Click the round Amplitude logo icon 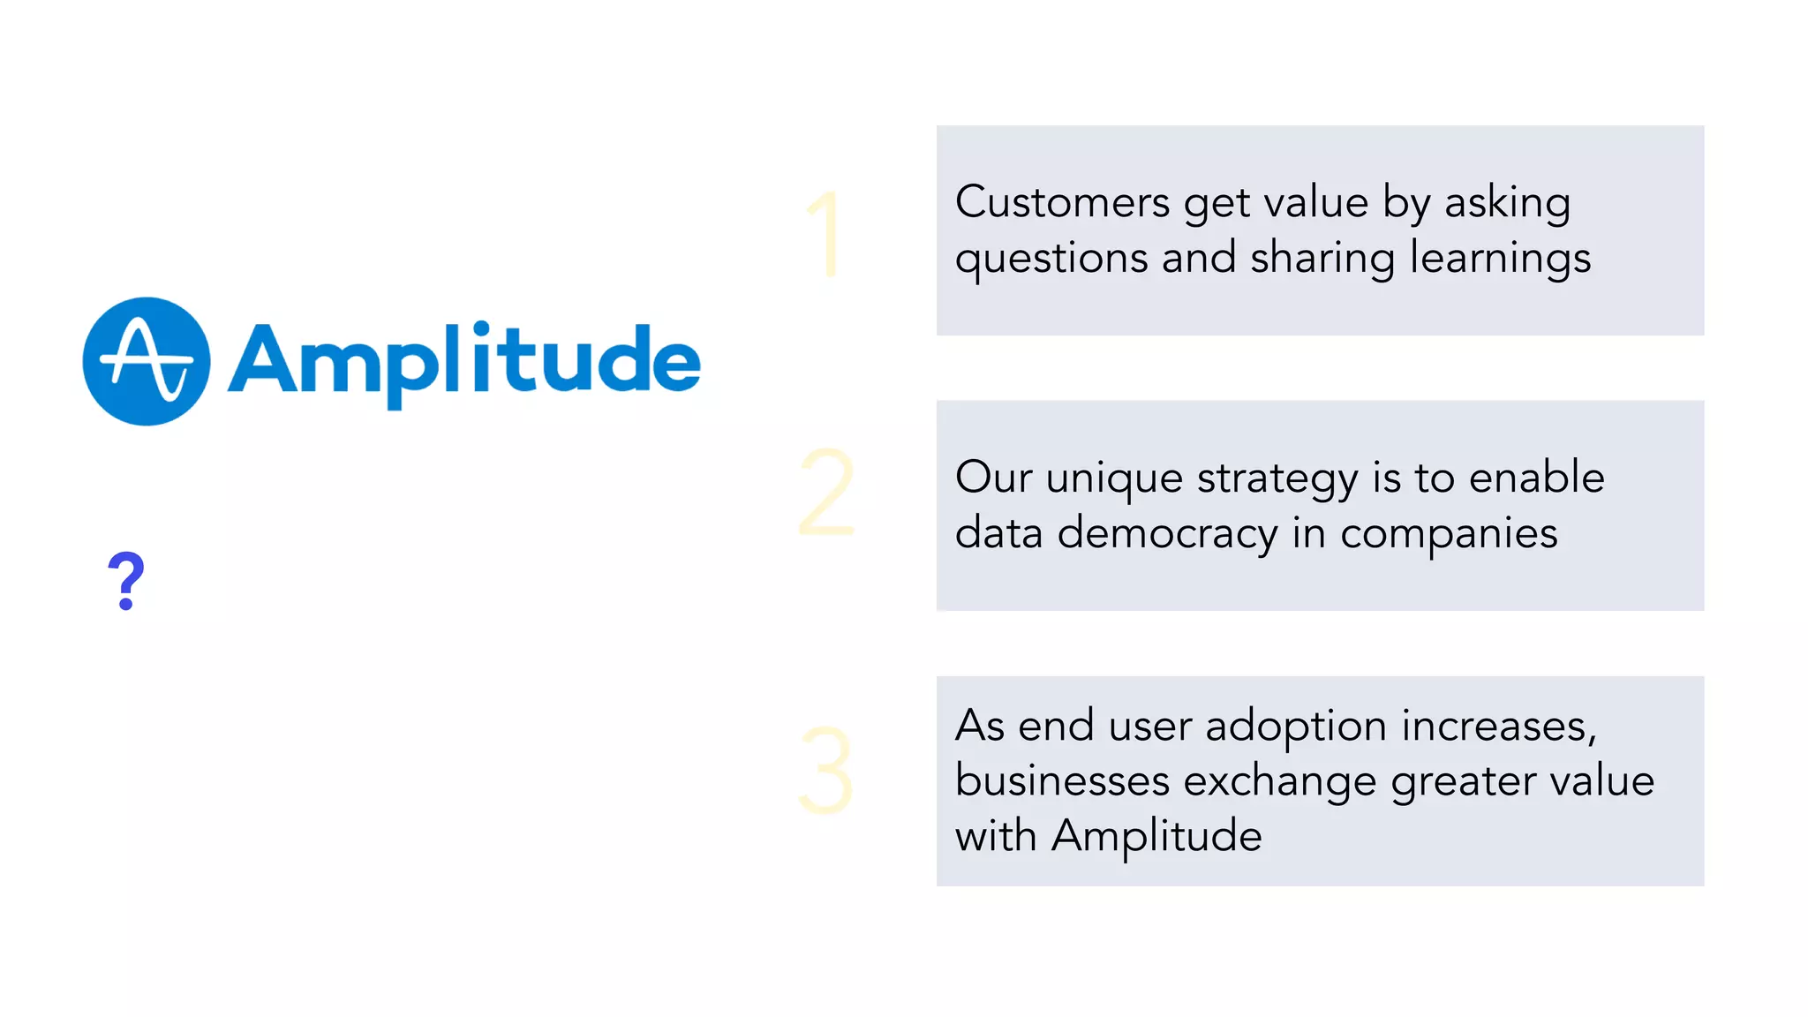(x=147, y=361)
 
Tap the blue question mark (x=126, y=581)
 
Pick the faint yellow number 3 (x=825, y=770)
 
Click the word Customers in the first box (x=1062, y=202)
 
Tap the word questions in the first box (x=1051, y=260)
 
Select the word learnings (x=1500, y=260)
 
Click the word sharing (x=1322, y=260)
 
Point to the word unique (x=1114, y=478)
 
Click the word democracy (x=1167, y=533)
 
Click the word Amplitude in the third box (x=1156, y=836)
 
